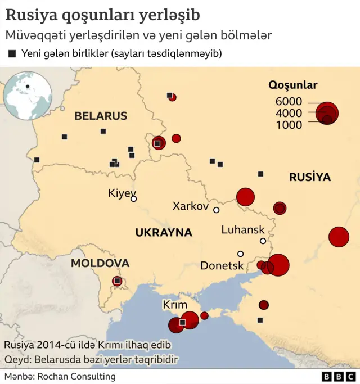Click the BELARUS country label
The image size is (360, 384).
click(x=101, y=116)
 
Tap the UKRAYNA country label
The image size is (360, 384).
click(x=163, y=233)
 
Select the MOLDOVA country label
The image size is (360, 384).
click(x=100, y=263)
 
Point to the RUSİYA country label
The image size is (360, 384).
click(x=310, y=178)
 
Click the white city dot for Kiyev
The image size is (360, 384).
click(x=134, y=199)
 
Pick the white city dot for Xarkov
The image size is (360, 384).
click(x=216, y=210)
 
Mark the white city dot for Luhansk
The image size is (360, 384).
click(x=263, y=241)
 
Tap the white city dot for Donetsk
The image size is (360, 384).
click(x=241, y=254)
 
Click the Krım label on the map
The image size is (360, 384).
click(x=174, y=305)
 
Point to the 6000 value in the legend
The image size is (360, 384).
click(x=289, y=102)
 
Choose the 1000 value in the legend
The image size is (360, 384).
click(x=289, y=125)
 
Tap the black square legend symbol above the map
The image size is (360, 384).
click(x=12, y=54)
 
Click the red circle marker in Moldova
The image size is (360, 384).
click(x=117, y=281)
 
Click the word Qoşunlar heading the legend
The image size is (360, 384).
click(x=292, y=85)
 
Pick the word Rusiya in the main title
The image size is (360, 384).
click(x=28, y=13)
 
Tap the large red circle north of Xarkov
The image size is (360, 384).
click(x=245, y=197)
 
